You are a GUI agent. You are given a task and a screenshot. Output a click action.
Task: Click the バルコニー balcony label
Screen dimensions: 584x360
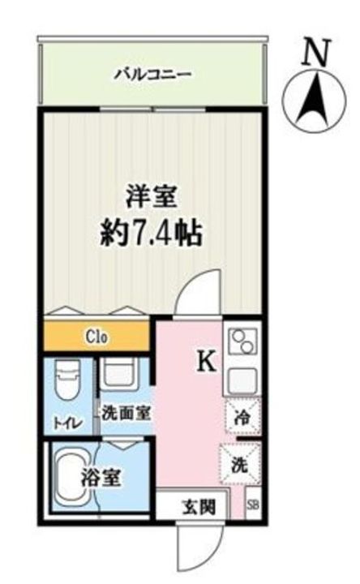click(152, 74)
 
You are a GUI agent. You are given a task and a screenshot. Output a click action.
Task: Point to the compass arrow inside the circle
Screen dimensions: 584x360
click(310, 102)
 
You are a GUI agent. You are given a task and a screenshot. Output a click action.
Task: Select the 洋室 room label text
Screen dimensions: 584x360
click(152, 198)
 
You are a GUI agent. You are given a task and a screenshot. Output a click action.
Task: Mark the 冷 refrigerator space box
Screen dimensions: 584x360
click(241, 419)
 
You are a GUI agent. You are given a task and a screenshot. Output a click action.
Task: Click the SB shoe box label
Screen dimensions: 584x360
click(254, 505)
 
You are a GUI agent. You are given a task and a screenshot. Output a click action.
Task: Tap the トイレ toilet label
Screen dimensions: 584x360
click(67, 423)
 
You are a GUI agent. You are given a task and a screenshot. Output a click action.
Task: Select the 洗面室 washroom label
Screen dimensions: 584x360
click(126, 412)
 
